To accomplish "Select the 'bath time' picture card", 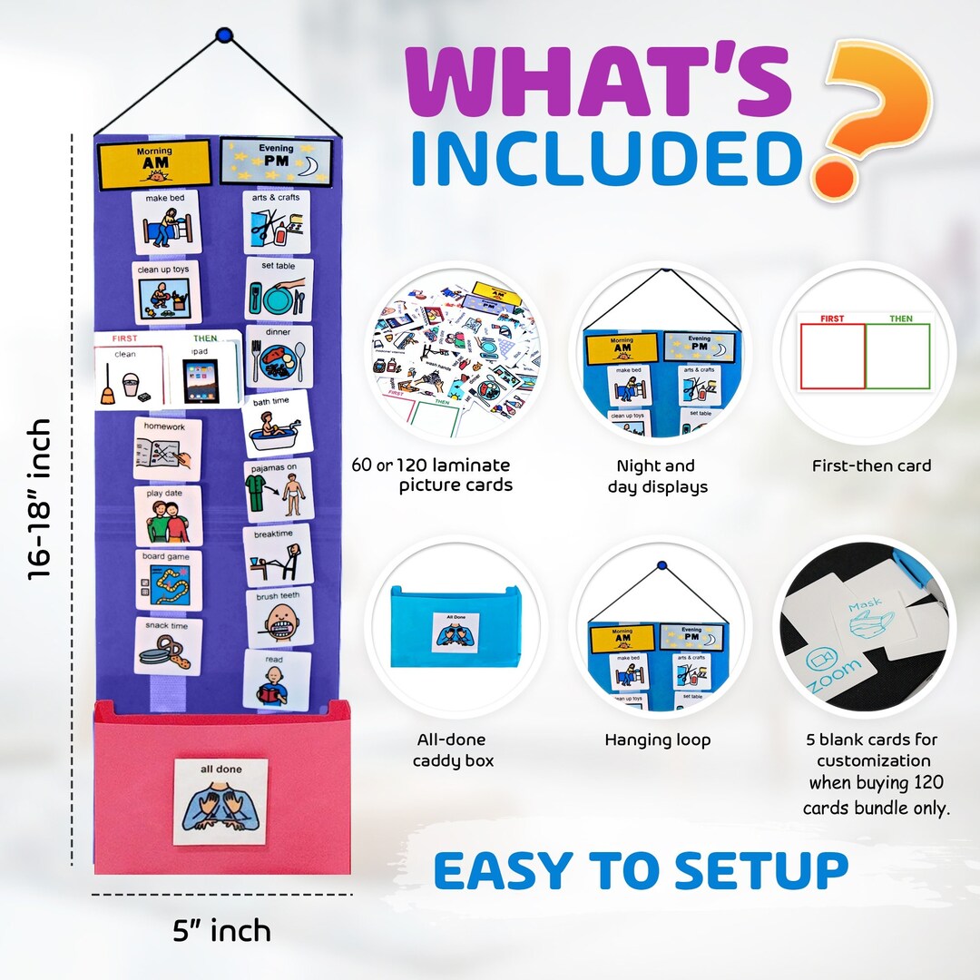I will coord(276,423).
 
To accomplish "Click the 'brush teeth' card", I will coord(279,617).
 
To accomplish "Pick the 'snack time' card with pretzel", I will coord(169,646).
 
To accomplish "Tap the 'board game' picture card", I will coord(169,579).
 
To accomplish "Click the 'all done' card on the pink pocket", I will coord(220,801).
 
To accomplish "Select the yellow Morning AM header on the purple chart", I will coord(154,163).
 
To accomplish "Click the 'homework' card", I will coord(168,448).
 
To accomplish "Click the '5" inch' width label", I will coord(221,930).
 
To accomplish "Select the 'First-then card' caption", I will coord(871,466).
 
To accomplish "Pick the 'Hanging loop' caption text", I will coord(658,740).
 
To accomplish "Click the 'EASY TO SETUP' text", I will coord(641,870).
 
